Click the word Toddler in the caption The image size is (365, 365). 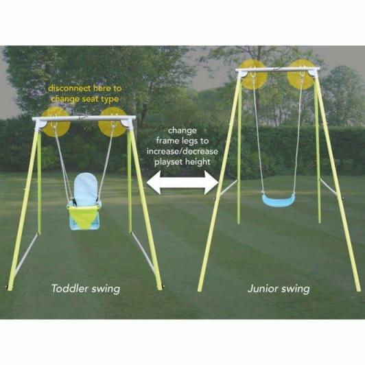pyautogui.click(x=69, y=288)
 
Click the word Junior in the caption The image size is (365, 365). pyautogui.click(x=262, y=289)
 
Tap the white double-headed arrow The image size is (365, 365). pyautogui.click(x=182, y=182)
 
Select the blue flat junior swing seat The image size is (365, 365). pyautogui.click(x=279, y=200)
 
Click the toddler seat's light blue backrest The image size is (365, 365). pyautogui.click(x=86, y=188)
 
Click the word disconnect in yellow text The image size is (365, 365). pyautogui.click(x=69, y=89)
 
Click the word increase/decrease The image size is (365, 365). pyautogui.click(x=182, y=152)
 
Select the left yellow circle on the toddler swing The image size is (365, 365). pyautogui.click(x=56, y=122)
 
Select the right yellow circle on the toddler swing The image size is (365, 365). pyautogui.click(x=113, y=122)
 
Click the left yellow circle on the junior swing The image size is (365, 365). pyautogui.click(x=253, y=75)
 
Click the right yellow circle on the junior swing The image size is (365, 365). pyautogui.click(x=301, y=75)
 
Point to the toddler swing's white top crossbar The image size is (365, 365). pyautogui.click(x=84, y=118)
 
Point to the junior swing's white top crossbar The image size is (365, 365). pyautogui.click(x=278, y=69)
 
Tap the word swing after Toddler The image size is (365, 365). pyautogui.click(x=106, y=290)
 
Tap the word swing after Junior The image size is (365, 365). pyautogui.click(x=295, y=290)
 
